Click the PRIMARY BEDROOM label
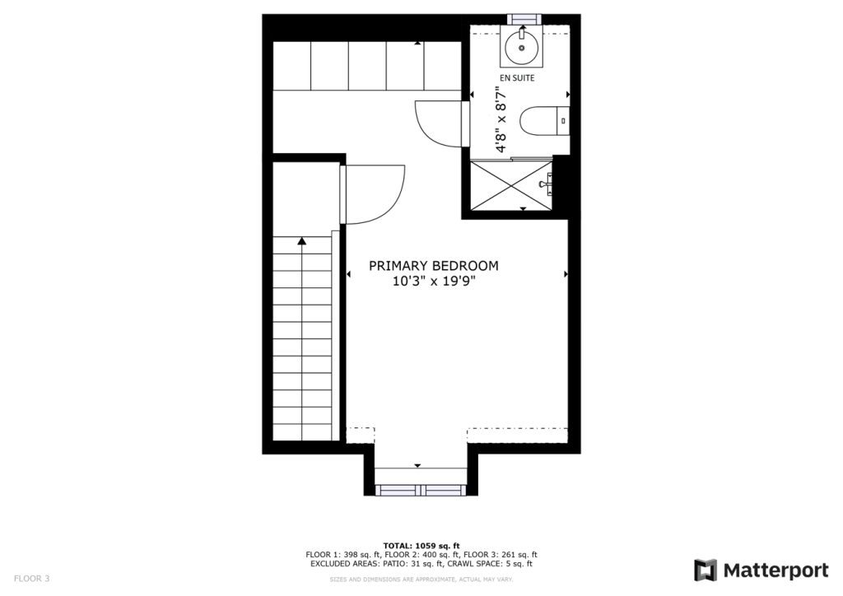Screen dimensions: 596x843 pyautogui.click(x=433, y=266)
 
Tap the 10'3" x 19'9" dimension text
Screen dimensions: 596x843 pyautogui.click(x=433, y=282)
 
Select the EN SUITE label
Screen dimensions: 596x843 pyautogui.click(x=518, y=78)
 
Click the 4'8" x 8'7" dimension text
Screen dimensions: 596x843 pyautogui.click(x=500, y=123)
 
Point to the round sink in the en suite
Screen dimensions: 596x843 pyautogui.click(x=523, y=47)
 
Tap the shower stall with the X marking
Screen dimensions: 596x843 pyautogui.click(x=511, y=184)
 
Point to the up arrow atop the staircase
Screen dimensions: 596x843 pyautogui.click(x=302, y=240)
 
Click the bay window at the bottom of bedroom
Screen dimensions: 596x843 pyautogui.click(x=421, y=490)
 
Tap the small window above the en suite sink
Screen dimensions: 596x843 pyautogui.click(x=523, y=19)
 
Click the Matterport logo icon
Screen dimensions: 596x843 pyautogui.click(x=706, y=570)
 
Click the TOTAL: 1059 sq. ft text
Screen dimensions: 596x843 pyautogui.click(x=421, y=546)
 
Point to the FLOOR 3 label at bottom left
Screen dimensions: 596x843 pyautogui.click(x=31, y=579)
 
